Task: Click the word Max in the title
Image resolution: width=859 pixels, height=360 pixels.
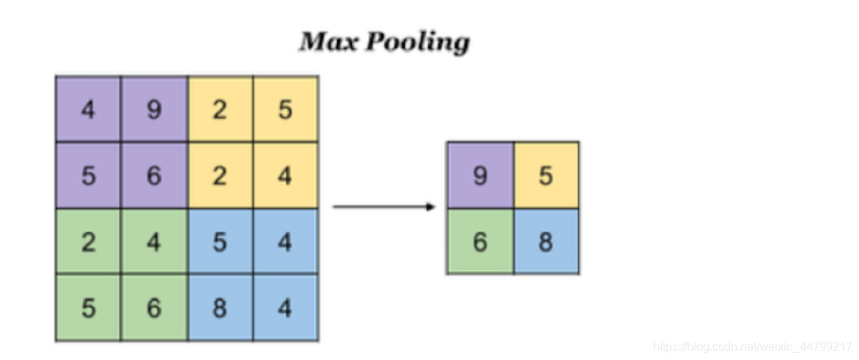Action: tap(328, 43)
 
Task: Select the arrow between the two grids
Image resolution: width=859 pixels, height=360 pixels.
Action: tap(384, 207)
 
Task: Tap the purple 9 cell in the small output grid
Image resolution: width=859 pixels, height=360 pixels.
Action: tap(480, 176)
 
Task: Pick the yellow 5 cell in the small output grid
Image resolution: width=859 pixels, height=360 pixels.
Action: tap(546, 176)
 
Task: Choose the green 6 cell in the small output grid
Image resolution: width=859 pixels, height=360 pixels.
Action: tap(480, 242)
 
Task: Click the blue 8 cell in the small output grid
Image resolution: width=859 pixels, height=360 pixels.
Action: tap(546, 242)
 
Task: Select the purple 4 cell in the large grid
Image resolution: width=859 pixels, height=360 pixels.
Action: tap(88, 110)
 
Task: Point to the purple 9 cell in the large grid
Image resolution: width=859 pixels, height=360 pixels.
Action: tap(154, 110)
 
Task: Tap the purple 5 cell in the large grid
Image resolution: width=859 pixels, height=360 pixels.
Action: tap(88, 176)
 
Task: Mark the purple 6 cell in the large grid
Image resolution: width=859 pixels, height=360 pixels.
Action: tap(154, 176)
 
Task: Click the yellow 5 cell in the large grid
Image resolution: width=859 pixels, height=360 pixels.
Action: tap(286, 110)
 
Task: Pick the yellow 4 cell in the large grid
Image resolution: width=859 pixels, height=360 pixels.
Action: tap(286, 176)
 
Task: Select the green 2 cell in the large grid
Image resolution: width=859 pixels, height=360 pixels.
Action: tap(88, 242)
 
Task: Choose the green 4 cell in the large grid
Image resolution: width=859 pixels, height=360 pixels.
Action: tap(154, 242)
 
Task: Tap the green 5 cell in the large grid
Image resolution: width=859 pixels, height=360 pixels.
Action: tap(88, 308)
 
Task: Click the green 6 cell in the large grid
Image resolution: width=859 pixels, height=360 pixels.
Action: tap(154, 308)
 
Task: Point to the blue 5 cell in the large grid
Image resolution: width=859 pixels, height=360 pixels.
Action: tap(220, 242)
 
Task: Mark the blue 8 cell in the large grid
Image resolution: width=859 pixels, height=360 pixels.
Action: tap(220, 308)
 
